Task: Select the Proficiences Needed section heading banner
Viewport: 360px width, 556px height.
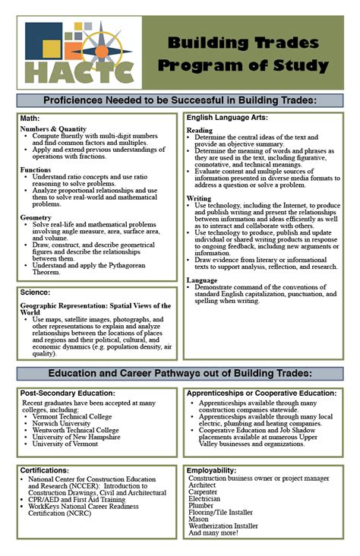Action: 180,100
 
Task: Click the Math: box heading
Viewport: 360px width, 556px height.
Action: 30,118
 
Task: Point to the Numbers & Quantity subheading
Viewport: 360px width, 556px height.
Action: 54,129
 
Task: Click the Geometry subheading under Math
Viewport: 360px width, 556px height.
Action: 36,218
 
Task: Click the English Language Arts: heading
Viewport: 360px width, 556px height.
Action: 227,118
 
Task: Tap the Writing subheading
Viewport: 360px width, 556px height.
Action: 199,198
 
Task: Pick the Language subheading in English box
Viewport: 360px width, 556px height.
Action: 202,280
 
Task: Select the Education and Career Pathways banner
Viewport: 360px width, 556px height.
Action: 180,374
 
